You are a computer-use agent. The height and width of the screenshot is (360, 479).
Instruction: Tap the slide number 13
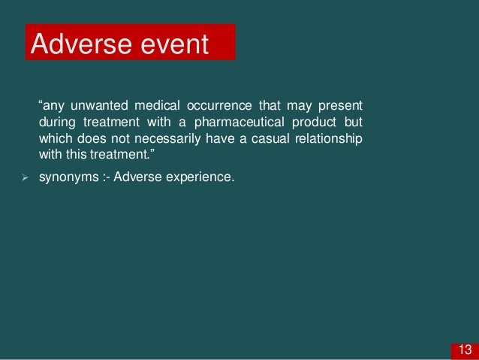pos(465,349)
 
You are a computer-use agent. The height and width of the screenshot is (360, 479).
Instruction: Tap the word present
pos(342,104)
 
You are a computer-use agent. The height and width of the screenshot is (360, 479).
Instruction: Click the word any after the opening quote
pos(53,104)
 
